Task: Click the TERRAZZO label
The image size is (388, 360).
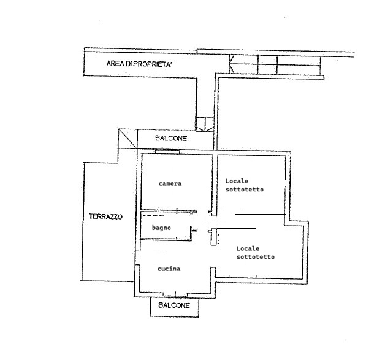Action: [x=105, y=216]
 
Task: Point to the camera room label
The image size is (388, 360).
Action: [x=170, y=184]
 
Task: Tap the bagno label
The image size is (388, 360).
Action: [x=161, y=228]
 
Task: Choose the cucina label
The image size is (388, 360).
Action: [x=169, y=269]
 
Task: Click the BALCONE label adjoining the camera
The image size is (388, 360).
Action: [x=171, y=138]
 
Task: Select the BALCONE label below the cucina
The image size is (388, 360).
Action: [x=174, y=305]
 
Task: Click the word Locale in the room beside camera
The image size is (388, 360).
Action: [x=237, y=181]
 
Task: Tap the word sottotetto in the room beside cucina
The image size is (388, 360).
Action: [x=256, y=257]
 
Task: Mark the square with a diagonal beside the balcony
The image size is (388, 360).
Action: [x=127, y=139]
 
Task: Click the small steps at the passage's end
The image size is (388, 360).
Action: [x=205, y=124]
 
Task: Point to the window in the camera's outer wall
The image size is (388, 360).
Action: [x=167, y=151]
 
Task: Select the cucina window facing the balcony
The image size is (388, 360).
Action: [x=175, y=295]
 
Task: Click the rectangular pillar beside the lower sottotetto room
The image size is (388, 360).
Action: [x=213, y=237]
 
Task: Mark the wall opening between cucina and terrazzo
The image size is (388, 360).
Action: [x=138, y=258]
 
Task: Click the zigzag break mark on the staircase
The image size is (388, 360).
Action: [x=231, y=64]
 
